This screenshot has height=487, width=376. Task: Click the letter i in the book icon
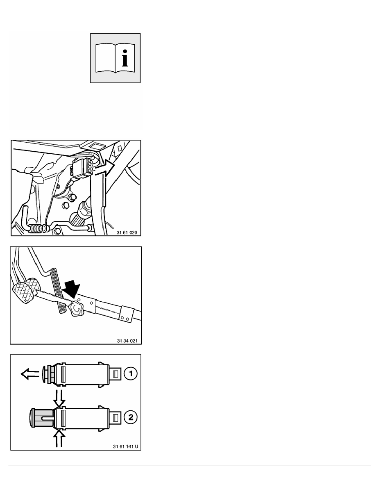pyautogui.click(x=125, y=58)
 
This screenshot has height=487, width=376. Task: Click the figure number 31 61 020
pyautogui.click(x=127, y=232)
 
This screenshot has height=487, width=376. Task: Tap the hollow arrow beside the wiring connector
pyautogui.click(x=104, y=168)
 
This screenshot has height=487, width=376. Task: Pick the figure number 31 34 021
pyautogui.click(x=127, y=341)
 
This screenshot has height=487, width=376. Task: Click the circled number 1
pyautogui.click(x=131, y=373)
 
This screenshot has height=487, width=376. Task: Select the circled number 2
pyautogui.click(x=131, y=417)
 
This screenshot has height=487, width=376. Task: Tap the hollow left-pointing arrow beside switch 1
pyautogui.click(x=30, y=373)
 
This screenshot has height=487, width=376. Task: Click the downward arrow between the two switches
pyautogui.click(x=59, y=398)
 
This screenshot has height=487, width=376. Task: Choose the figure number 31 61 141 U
pyautogui.click(x=125, y=447)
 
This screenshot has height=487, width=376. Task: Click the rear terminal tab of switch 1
pyautogui.click(x=114, y=373)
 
